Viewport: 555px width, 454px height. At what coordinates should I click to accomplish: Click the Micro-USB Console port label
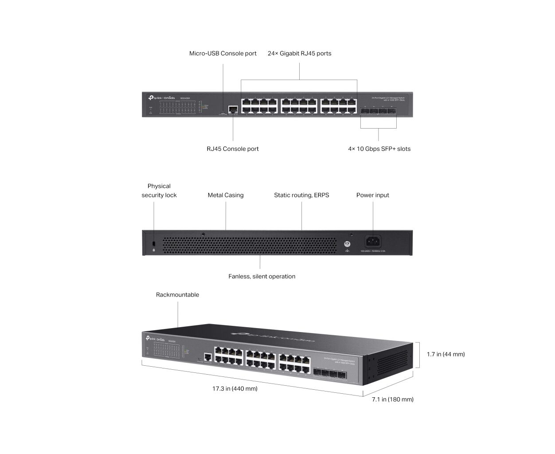[223, 54]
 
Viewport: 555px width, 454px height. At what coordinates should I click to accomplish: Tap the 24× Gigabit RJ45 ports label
[299, 54]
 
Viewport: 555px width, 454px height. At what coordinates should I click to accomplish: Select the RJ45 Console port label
[232, 149]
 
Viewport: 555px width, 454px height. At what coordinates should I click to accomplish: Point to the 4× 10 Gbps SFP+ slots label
[379, 149]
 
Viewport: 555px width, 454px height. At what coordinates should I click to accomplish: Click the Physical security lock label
[159, 191]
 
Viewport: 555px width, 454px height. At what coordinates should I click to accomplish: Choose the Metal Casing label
[225, 195]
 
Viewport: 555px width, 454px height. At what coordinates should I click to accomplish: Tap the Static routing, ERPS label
[301, 195]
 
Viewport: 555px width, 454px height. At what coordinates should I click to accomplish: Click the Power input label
[372, 195]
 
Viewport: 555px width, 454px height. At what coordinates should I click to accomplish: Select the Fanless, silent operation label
[262, 277]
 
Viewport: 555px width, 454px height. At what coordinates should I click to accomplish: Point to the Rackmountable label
[177, 295]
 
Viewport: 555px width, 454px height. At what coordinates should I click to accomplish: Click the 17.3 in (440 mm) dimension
[235, 389]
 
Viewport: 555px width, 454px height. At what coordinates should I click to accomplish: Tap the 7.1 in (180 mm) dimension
[392, 399]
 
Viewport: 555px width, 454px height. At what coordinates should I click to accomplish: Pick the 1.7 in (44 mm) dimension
[446, 354]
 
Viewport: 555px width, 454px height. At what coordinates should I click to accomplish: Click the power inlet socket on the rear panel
[373, 242]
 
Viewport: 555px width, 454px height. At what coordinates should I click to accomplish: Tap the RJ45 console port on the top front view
[233, 109]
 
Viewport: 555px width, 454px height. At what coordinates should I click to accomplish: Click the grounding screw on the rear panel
[348, 244]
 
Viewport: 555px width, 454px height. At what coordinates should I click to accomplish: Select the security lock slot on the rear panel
[154, 244]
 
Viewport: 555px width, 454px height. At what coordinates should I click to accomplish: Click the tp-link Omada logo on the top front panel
[162, 98]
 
